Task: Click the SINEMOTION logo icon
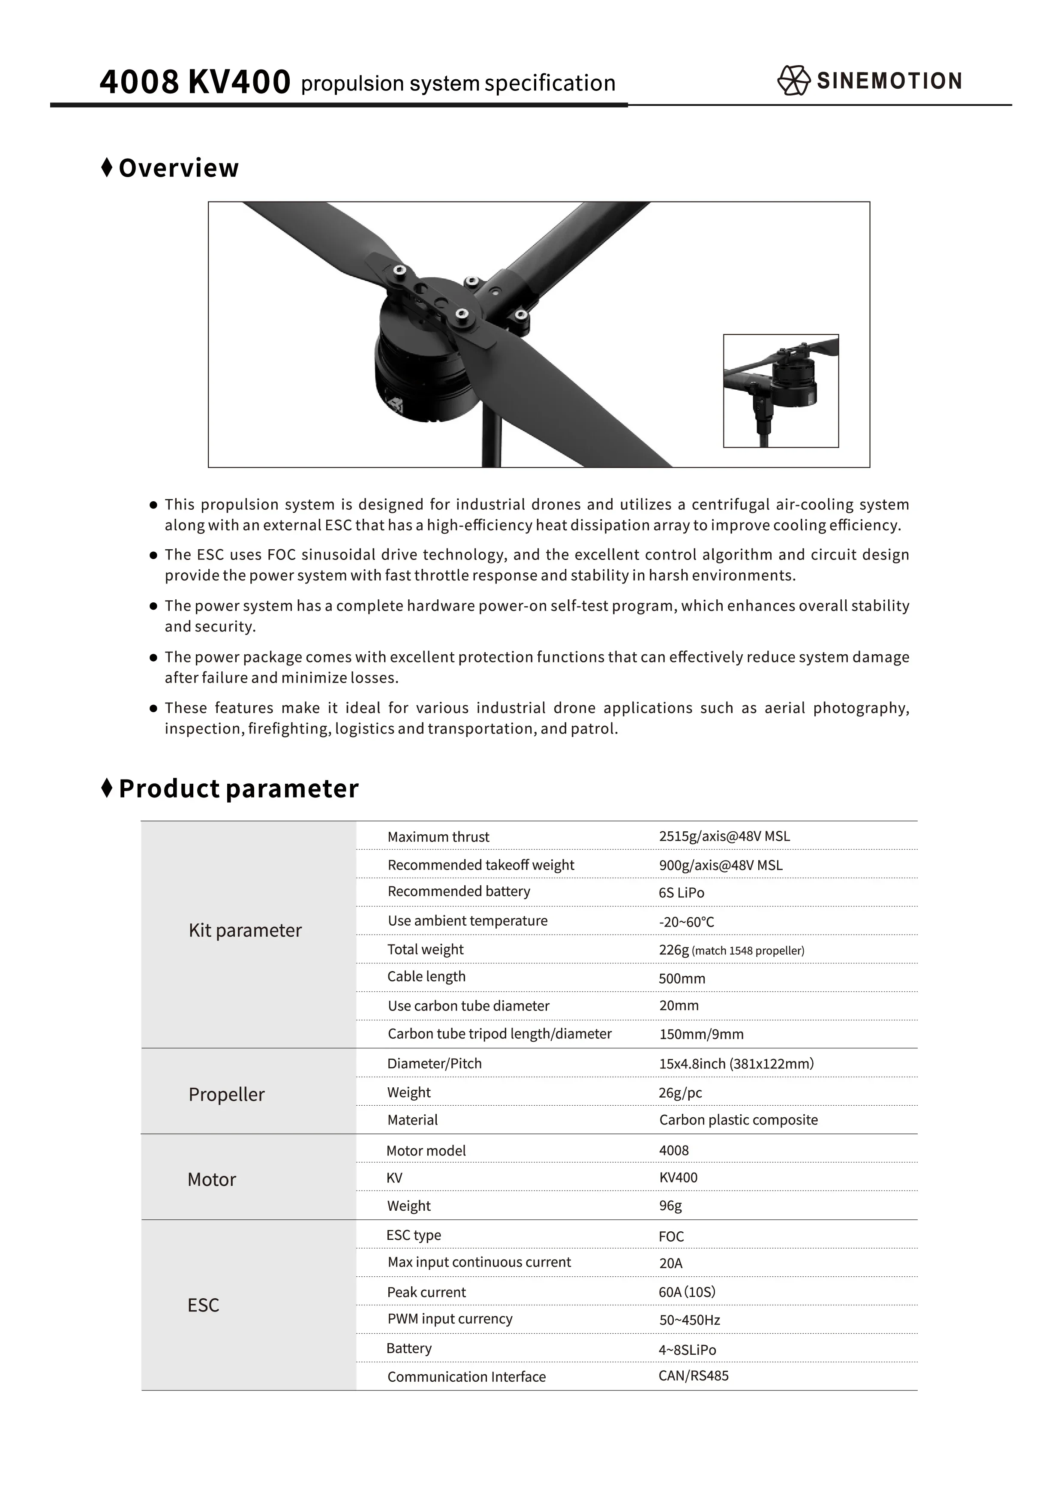pos(793,81)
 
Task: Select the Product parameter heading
pos(238,789)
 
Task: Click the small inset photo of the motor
pos(781,391)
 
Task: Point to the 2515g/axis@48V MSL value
pos(724,836)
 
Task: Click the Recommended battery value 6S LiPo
pos(681,893)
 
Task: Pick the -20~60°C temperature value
pos(686,922)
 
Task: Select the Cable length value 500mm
pos(682,979)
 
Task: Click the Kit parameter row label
pos(245,930)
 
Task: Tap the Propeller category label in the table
pos(227,1095)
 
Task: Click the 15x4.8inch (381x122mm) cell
pos(736,1064)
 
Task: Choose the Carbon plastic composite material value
pos(738,1120)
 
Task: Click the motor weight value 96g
pos(670,1206)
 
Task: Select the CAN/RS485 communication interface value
pos(694,1376)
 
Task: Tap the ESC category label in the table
pos(203,1305)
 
